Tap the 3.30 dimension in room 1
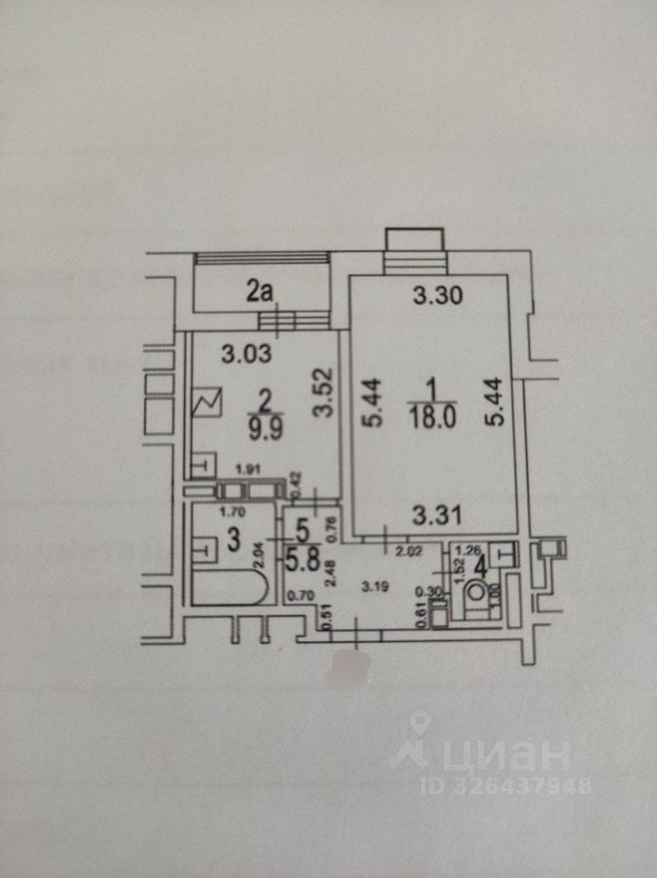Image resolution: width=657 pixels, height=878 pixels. pyautogui.click(x=433, y=295)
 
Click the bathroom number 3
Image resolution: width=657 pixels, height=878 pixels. pyautogui.click(x=233, y=540)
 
